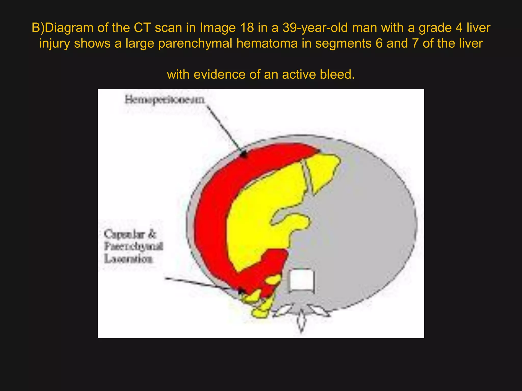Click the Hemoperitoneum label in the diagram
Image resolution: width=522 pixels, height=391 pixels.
tap(165, 100)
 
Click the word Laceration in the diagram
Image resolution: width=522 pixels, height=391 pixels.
tap(128, 259)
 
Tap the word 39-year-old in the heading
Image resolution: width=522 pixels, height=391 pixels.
tap(315, 28)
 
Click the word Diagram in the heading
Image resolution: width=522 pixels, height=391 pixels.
tap(69, 28)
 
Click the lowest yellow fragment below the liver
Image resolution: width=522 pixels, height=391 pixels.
tap(260, 313)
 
